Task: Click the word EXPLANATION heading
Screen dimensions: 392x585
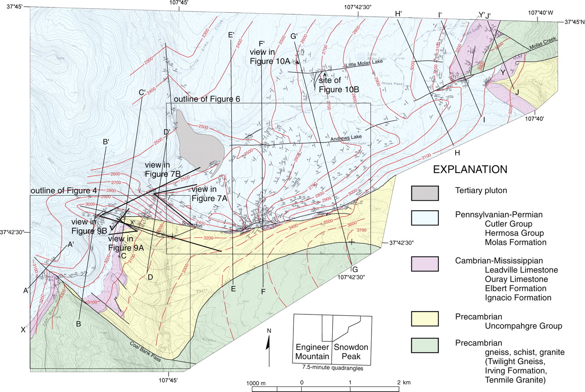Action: coord(470,169)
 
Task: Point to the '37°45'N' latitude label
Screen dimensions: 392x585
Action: coord(574,21)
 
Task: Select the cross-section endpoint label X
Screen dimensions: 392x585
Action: coord(23,330)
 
